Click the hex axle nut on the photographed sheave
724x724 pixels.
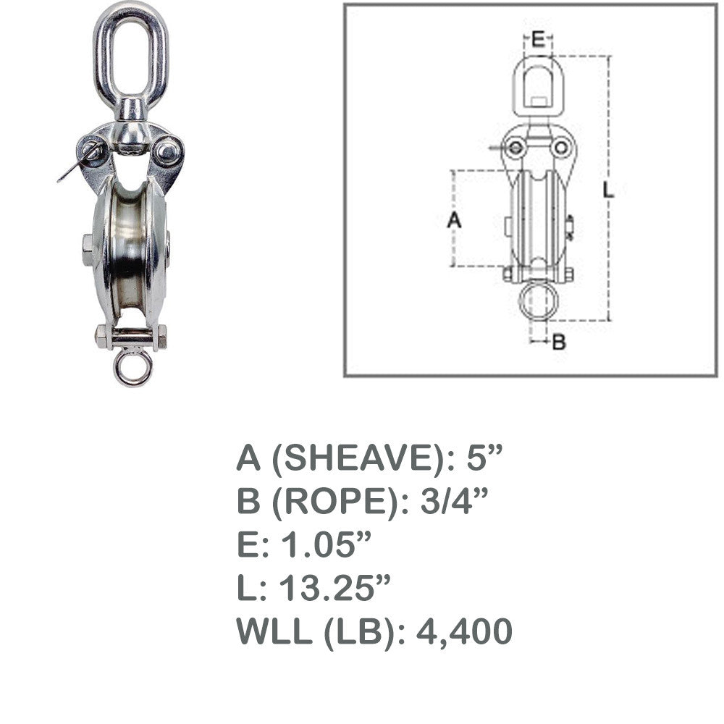tap(88, 250)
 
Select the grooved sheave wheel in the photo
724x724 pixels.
tap(131, 249)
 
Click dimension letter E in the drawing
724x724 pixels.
tap(537, 39)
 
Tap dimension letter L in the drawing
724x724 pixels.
tap(609, 190)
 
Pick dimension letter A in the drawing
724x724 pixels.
tap(455, 220)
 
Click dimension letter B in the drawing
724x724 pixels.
tap(559, 342)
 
